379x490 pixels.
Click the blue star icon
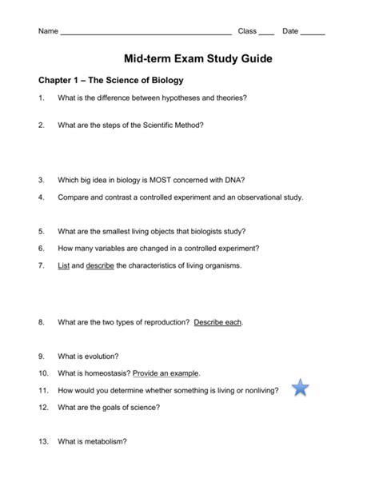[300, 388]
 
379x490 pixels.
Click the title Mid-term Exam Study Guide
[189, 58]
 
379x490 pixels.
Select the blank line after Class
[266, 33]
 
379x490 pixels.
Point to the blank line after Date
[313, 33]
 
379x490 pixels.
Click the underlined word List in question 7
[64, 265]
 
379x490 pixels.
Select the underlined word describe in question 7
[100, 265]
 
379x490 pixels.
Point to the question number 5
[41, 230]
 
